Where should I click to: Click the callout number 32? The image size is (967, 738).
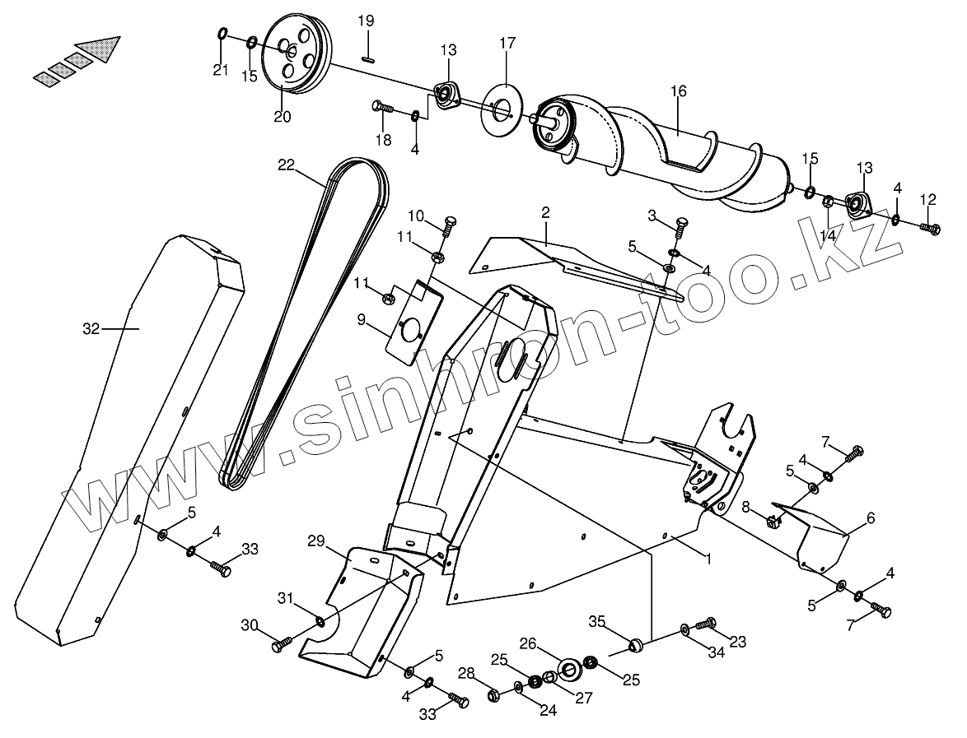(x=91, y=329)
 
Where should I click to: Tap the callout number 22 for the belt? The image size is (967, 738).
(x=286, y=165)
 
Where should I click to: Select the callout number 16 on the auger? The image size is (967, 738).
(x=678, y=91)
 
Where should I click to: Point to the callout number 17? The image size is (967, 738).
(x=507, y=42)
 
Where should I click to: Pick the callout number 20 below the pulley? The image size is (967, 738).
(x=282, y=117)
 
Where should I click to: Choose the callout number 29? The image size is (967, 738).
(x=317, y=541)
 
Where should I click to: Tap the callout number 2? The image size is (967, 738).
(x=545, y=212)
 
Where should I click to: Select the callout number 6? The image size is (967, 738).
(x=870, y=518)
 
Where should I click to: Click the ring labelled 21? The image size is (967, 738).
(x=222, y=35)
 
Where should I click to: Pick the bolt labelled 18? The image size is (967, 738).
(x=381, y=106)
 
